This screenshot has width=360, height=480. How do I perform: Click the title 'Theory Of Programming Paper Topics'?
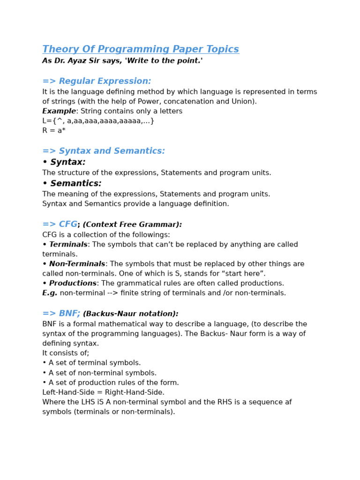point(141,50)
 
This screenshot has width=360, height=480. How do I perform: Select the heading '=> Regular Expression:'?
point(97,82)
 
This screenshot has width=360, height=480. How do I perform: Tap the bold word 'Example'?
point(59,112)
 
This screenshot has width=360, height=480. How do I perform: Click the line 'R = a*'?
point(54,131)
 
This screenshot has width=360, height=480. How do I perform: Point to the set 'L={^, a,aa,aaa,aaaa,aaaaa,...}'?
point(98,121)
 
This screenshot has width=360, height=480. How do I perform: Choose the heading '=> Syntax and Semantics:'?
point(104,151)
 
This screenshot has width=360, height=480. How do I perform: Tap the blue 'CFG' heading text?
point(68,225)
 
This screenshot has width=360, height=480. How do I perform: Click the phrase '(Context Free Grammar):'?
point(132,225)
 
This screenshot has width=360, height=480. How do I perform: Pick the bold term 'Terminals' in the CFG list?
point(68,245)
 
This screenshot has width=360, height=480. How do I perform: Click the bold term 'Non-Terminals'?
point(77,264)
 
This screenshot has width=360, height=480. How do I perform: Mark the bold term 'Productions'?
point(73,284)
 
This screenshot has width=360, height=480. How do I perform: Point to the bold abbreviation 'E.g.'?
point(50,293)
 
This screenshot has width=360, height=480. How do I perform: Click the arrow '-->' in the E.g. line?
point(118,293)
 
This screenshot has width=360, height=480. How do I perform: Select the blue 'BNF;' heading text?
point(69,314)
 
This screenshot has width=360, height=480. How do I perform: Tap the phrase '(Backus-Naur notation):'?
point(130,314)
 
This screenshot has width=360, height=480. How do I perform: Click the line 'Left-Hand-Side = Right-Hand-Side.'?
point(103,393)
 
